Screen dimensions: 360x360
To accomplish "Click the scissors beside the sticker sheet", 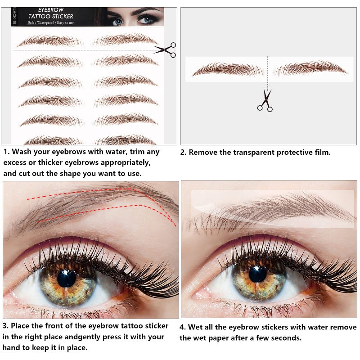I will [166, 49].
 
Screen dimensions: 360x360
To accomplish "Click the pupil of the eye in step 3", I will [67, 279].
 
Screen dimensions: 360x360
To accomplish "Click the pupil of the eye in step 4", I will [257, 274].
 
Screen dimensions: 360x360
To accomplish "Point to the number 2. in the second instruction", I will [183, 153].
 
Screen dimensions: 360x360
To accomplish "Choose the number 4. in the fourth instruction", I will [183, 327].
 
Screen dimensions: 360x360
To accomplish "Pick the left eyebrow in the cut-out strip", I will [227, 70].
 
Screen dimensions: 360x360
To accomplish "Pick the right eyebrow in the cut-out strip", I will [310, 68].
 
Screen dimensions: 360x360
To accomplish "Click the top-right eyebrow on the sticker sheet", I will [126, 40].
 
